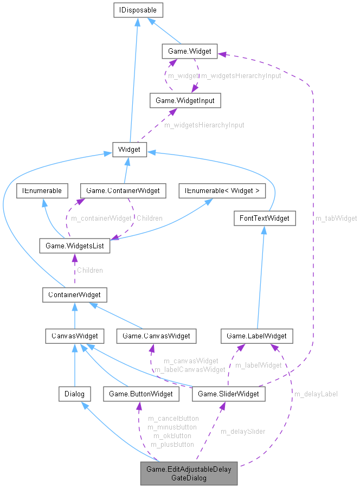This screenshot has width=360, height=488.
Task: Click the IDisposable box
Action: [x=138, y=10]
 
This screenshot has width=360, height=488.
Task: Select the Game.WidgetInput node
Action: [x=185, y=100]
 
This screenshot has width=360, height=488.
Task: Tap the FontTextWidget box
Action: [x=265, y=219]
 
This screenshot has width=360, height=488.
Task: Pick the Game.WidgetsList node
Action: [x=74, y=246]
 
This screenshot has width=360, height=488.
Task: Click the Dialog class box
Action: [x=74, y=394]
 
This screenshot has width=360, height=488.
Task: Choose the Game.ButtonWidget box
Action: [x=141, y=394]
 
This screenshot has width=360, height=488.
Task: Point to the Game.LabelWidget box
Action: [x=257, y=336]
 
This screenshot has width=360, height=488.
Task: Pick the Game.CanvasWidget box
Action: [x=156, y=336]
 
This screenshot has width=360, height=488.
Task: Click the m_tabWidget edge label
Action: [x=336, y=218]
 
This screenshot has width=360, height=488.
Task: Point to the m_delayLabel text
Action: [x=316, y=394]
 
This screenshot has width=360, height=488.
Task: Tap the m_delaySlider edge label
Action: [x=242, y=432]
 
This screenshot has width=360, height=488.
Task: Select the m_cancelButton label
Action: [x=173, y=419]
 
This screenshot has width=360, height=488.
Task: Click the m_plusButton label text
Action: [x=172, y=444]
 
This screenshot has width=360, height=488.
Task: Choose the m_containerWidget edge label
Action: [x=102, y=218]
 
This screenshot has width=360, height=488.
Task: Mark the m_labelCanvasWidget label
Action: [x=189, y=369]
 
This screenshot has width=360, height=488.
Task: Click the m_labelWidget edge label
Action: [x=258, y=365]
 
